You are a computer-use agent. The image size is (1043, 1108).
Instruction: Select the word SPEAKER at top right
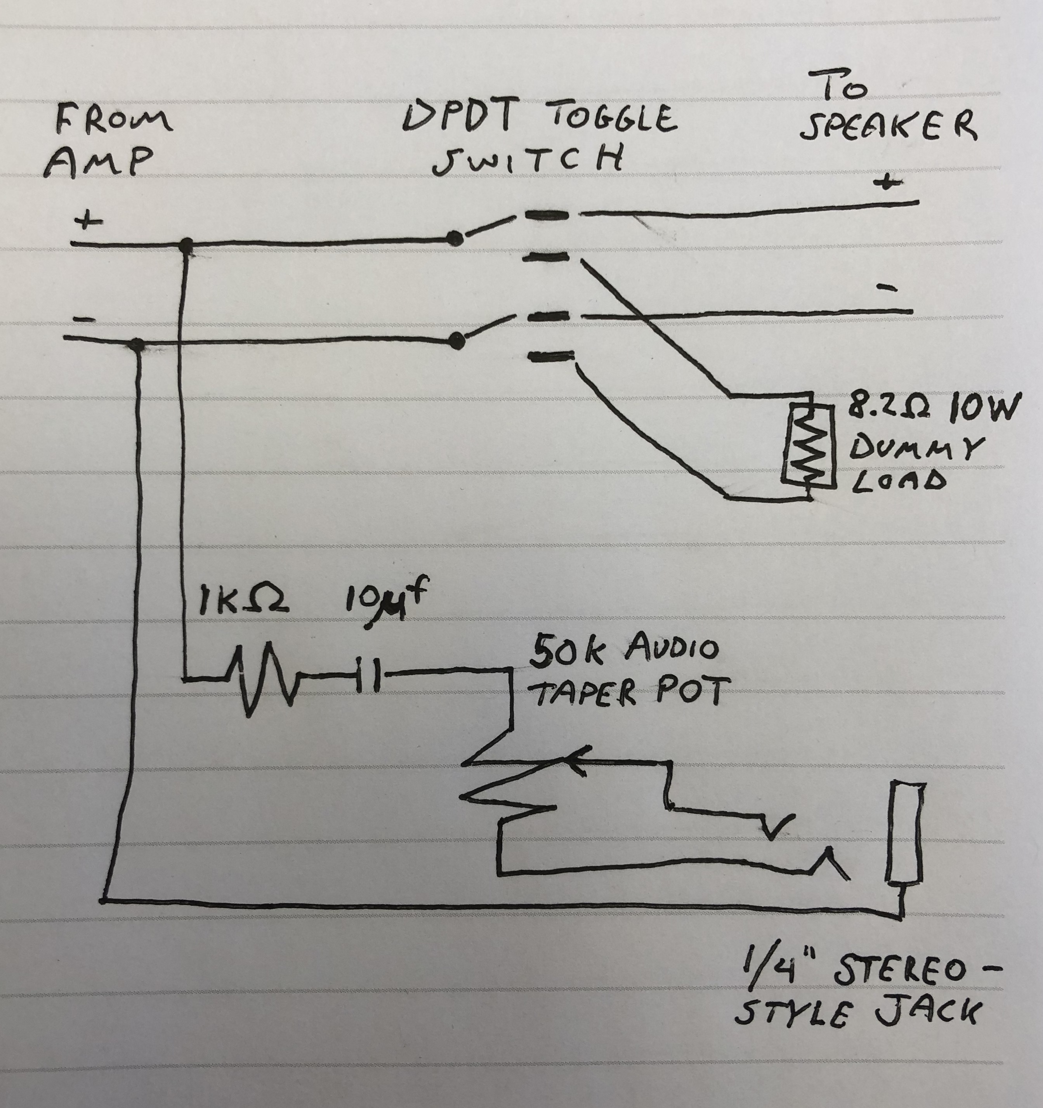(x=888, y=127)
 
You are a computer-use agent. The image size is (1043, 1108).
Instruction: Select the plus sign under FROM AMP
(x=90, y=221)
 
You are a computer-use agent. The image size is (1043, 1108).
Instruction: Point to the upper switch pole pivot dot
(x=455, y=240)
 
